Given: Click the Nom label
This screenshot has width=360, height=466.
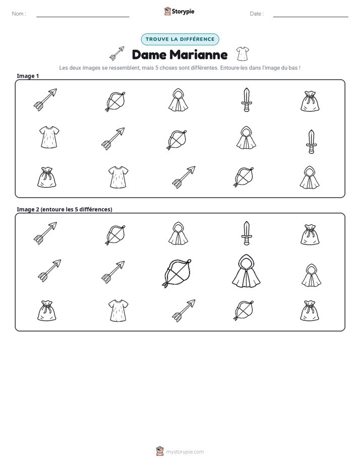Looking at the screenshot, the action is pyautogui.click(x=19, y=14).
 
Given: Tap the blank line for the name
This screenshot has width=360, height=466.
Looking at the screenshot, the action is pyautogui.click(x=83, y=17).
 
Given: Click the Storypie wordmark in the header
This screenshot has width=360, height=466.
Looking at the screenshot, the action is pyautogui.click(x=183, y=12).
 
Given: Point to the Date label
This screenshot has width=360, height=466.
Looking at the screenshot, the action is pyautogui.click(x=257, y=14).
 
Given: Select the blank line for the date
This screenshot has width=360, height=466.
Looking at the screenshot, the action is pyautogui.click(x=311, y=17).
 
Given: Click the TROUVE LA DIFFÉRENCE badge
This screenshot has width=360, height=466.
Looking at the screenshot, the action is pyautogui.click(x=180, y=39).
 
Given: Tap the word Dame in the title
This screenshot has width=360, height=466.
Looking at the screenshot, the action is pyautogui.click(x=149, y=54).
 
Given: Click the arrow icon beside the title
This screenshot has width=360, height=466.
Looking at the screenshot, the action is pyautogui.click(x=117, y=53).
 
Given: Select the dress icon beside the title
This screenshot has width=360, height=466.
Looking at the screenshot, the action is pyautogui.click(x=243, y=54).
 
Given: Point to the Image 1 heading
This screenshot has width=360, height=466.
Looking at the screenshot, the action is pyautogui.click(x=28, y=76).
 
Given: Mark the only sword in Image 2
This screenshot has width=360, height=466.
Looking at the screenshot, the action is pyautogui.click(x=246, y=234).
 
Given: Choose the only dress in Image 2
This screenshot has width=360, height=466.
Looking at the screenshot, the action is pyautogui.click(x=118, y=311).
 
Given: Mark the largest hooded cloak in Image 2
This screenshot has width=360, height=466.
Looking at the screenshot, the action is pyautogui.click(x=246, y=271).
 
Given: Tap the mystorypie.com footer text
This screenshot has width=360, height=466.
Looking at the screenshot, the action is pyautogui.click(x=185, y=452).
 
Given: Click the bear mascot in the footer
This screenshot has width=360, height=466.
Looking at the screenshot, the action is pyautogui.click(x=160, y=451).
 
